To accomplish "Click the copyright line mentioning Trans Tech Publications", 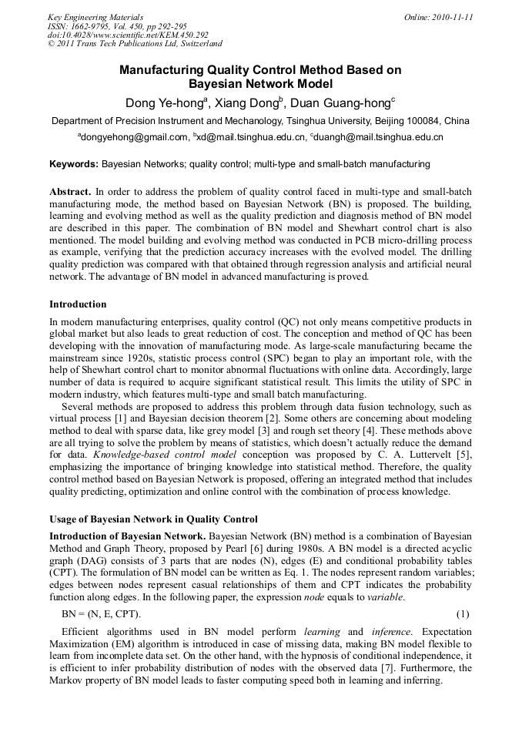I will [x=135, y=45].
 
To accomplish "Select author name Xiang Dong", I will [x=248, y=103].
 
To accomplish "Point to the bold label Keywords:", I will [x=74, y=164].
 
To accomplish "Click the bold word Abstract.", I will [x=70, y=191].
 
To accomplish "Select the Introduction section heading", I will [x=78, y=304].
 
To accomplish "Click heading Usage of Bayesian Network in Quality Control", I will [x=153, y=519].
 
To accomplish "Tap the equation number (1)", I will [x=463, y=613].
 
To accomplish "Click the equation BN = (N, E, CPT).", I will [x=101, y=613].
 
